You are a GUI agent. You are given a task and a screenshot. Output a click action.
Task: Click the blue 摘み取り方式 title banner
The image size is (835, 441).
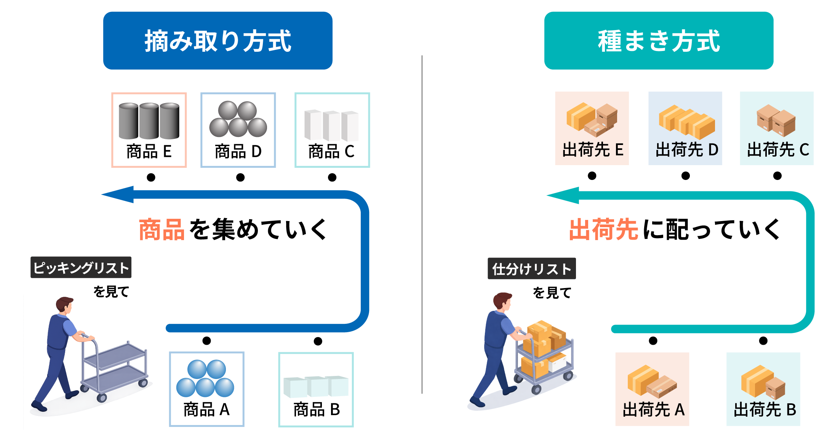[x=218, y=40]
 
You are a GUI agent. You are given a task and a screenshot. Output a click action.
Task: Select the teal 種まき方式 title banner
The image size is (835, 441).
[x=659, y=40]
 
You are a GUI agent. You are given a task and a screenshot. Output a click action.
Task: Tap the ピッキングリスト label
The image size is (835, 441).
[x=81, y=267]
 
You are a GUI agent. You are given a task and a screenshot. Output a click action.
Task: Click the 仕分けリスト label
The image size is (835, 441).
[x=531, y=269]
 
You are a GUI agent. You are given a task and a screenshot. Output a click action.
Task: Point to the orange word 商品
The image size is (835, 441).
[x=162, y=230]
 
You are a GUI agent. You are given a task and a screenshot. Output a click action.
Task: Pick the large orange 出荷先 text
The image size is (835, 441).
[x=603, y=229]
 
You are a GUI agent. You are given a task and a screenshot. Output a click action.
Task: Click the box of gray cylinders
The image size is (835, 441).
[x=149, y=130]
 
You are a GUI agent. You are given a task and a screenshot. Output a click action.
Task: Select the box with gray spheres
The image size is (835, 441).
[x=238, y=130]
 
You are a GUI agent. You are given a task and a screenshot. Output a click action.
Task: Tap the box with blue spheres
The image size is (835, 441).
[x=206, y=388]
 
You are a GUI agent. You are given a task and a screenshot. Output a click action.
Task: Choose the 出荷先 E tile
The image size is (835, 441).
[x=592, y=128]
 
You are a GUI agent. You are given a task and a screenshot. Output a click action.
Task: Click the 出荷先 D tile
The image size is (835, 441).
[x=685, y=128]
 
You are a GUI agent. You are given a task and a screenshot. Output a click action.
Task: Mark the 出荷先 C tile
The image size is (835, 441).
[x=776, y=128]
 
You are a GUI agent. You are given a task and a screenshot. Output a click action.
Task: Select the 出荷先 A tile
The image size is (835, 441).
[x=652, y=389]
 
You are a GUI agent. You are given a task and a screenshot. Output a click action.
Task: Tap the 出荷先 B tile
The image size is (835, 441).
[x=763, y=389]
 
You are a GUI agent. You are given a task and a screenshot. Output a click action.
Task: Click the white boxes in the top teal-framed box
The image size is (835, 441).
[x=331, y=126]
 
